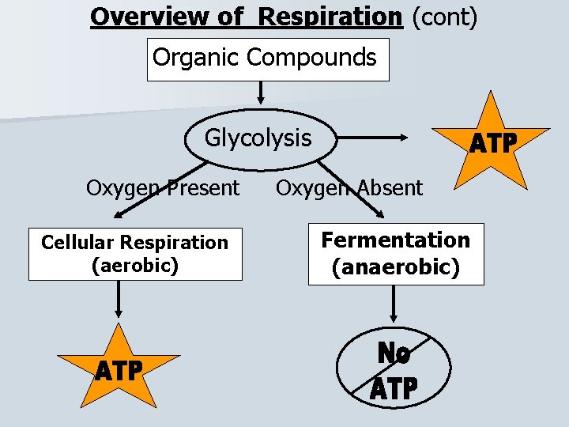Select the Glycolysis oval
tap(258, 139)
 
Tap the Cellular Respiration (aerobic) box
tap(135, 254)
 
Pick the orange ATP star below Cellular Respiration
tap(119, 368)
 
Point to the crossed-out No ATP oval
tap(394, 369)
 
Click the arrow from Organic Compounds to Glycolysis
tap(260, 94)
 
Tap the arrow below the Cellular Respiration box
tap(119, 299)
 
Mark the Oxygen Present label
tap(162, 188)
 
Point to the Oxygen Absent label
tap(349, 188)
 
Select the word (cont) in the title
tap(444, 16)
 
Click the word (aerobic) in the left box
tap(135, 265)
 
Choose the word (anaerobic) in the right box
tap(396, 267)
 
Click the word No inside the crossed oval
tap(394, 353)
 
